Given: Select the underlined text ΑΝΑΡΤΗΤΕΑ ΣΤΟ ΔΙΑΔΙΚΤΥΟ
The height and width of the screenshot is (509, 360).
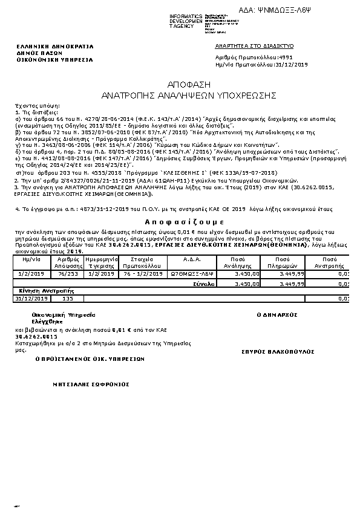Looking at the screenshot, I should pos(254,45).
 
